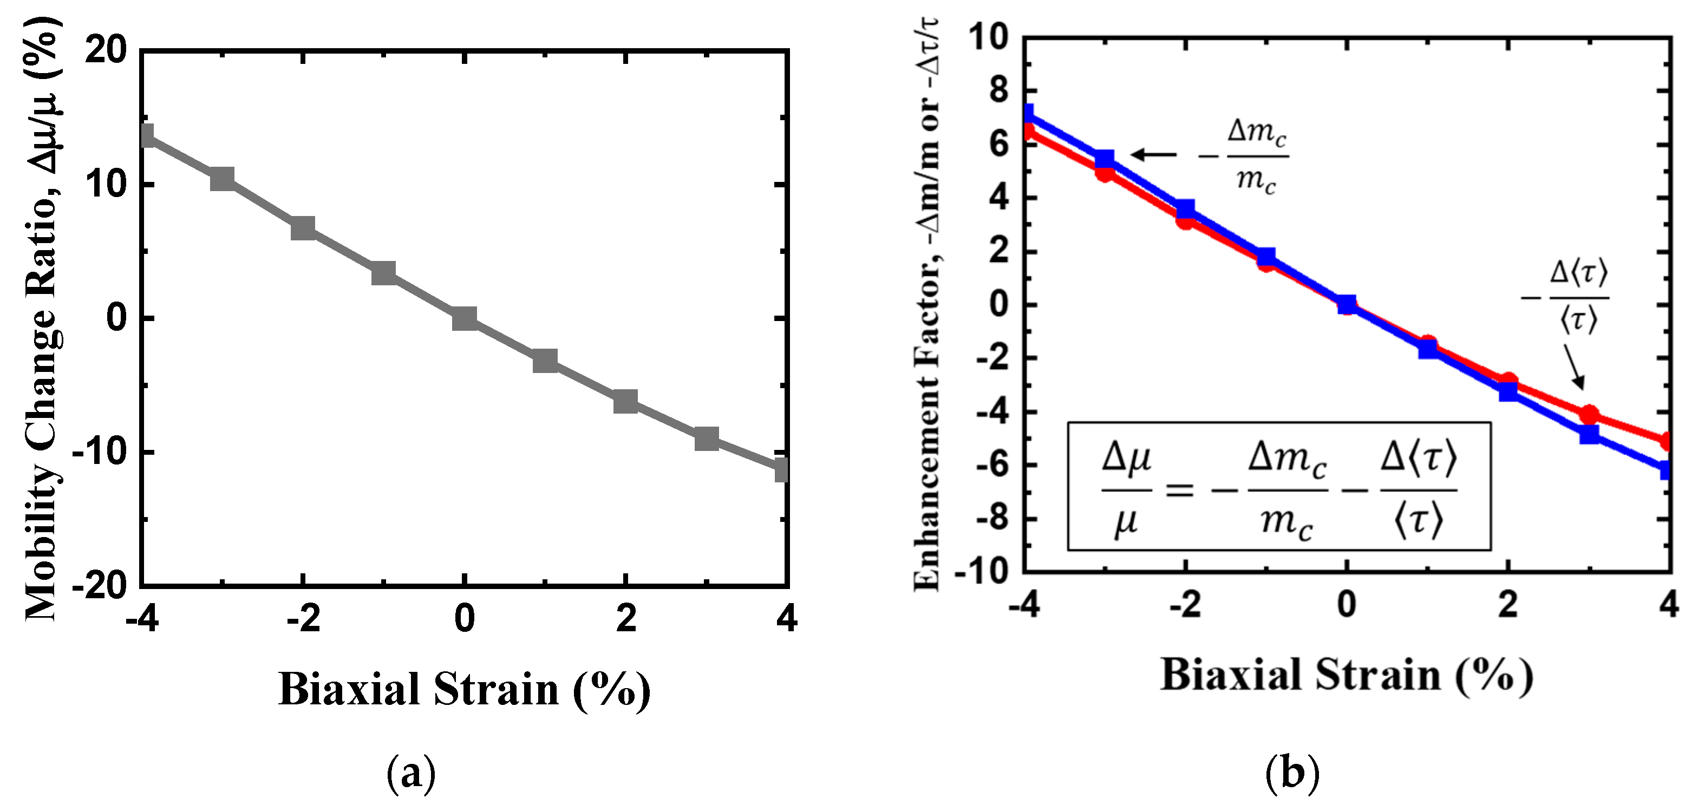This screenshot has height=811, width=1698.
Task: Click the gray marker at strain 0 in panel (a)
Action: tap(464, 318)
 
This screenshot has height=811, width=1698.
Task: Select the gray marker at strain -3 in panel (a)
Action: tap(222, 179)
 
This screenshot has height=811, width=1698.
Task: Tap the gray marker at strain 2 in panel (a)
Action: tap(625, 401)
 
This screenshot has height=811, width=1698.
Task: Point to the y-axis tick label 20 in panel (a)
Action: tap(106, 50)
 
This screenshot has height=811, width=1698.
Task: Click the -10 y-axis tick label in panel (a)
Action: tap(99, 452)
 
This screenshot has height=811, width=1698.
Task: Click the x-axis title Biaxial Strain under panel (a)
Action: tap(464, 690)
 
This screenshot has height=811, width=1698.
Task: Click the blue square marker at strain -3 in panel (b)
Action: tap(1105, 159)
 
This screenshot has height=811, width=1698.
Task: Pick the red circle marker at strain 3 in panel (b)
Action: tap(1589, 414)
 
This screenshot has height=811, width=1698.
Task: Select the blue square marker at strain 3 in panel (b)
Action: tap(1589, 434)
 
